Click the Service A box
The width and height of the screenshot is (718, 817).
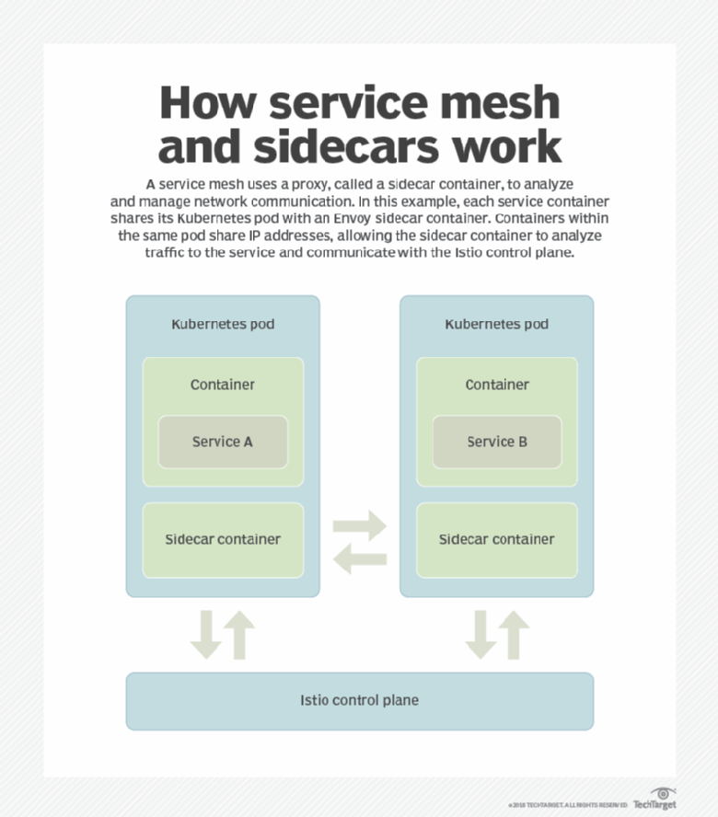(x=223, y=442)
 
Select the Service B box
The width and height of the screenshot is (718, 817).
(x=497, y=442)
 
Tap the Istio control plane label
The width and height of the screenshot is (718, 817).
(x=359, y=700)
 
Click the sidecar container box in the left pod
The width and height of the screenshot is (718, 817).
(x=223, y=539)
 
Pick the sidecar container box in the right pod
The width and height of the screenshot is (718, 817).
(x=497, y=539)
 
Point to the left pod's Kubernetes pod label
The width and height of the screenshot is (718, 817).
(x=223, y=324)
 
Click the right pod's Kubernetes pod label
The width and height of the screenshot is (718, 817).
(x=497, y=324)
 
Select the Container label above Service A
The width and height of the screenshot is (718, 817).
(x=223, y=385)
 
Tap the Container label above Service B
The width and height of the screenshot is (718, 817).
(x=497, y=385)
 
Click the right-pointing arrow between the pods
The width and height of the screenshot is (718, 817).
(x=360, y=527)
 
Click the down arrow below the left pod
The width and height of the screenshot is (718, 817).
(x=206, y=636)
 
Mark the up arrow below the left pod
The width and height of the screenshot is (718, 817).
(x=239, y=635)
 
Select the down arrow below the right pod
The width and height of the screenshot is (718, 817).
(x=481, y=636)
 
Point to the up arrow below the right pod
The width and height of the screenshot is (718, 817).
(x=514, y=635)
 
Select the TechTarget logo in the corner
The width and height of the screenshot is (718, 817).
(x=654, y=799)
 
